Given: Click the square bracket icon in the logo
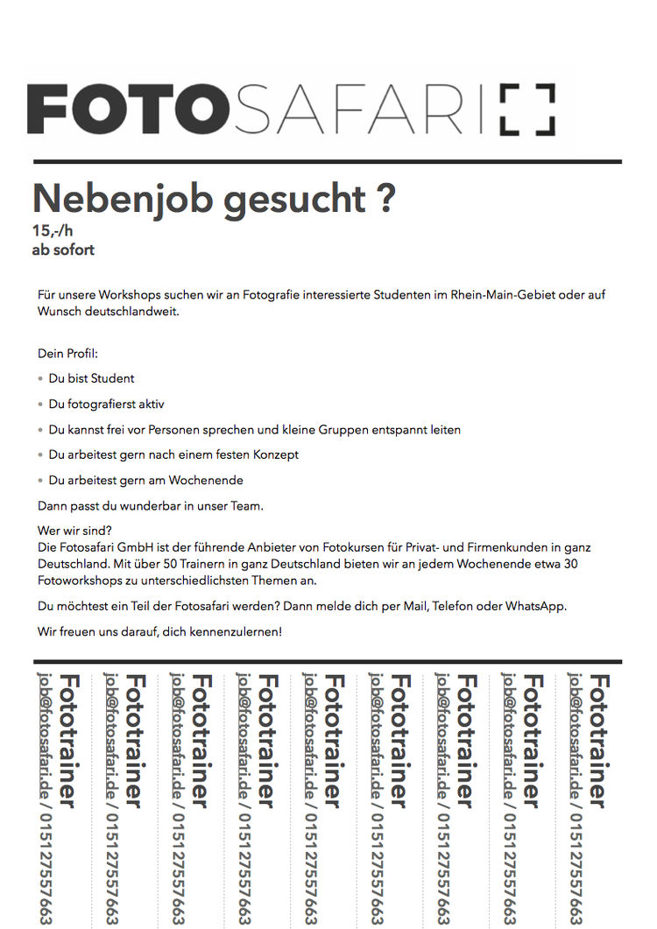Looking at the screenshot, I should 527,109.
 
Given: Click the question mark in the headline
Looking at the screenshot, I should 385,199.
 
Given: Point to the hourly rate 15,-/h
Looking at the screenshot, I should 53,232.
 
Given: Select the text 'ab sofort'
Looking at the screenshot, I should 63,250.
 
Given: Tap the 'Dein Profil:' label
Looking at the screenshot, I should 67,354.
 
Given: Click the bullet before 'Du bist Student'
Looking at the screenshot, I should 40,379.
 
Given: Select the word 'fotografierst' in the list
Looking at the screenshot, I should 101,405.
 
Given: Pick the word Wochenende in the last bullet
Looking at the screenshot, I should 208,481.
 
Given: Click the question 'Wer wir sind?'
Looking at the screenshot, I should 75,530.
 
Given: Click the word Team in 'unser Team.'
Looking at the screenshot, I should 246,505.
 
